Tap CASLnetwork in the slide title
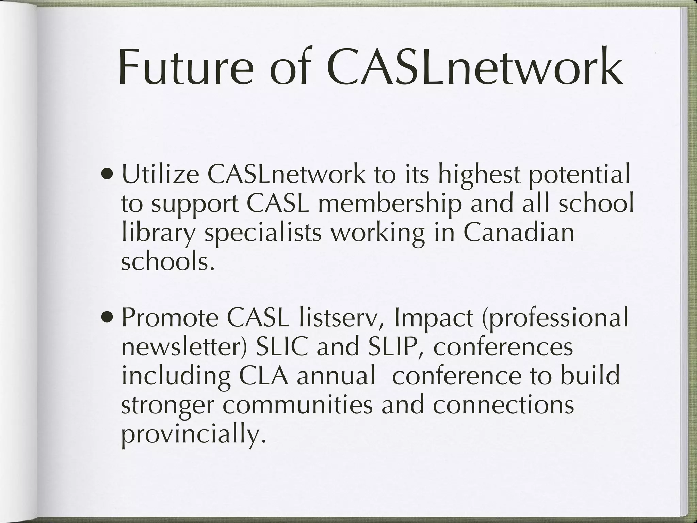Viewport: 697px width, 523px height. coord(474,68)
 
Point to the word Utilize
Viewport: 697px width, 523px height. coord(161,176)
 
